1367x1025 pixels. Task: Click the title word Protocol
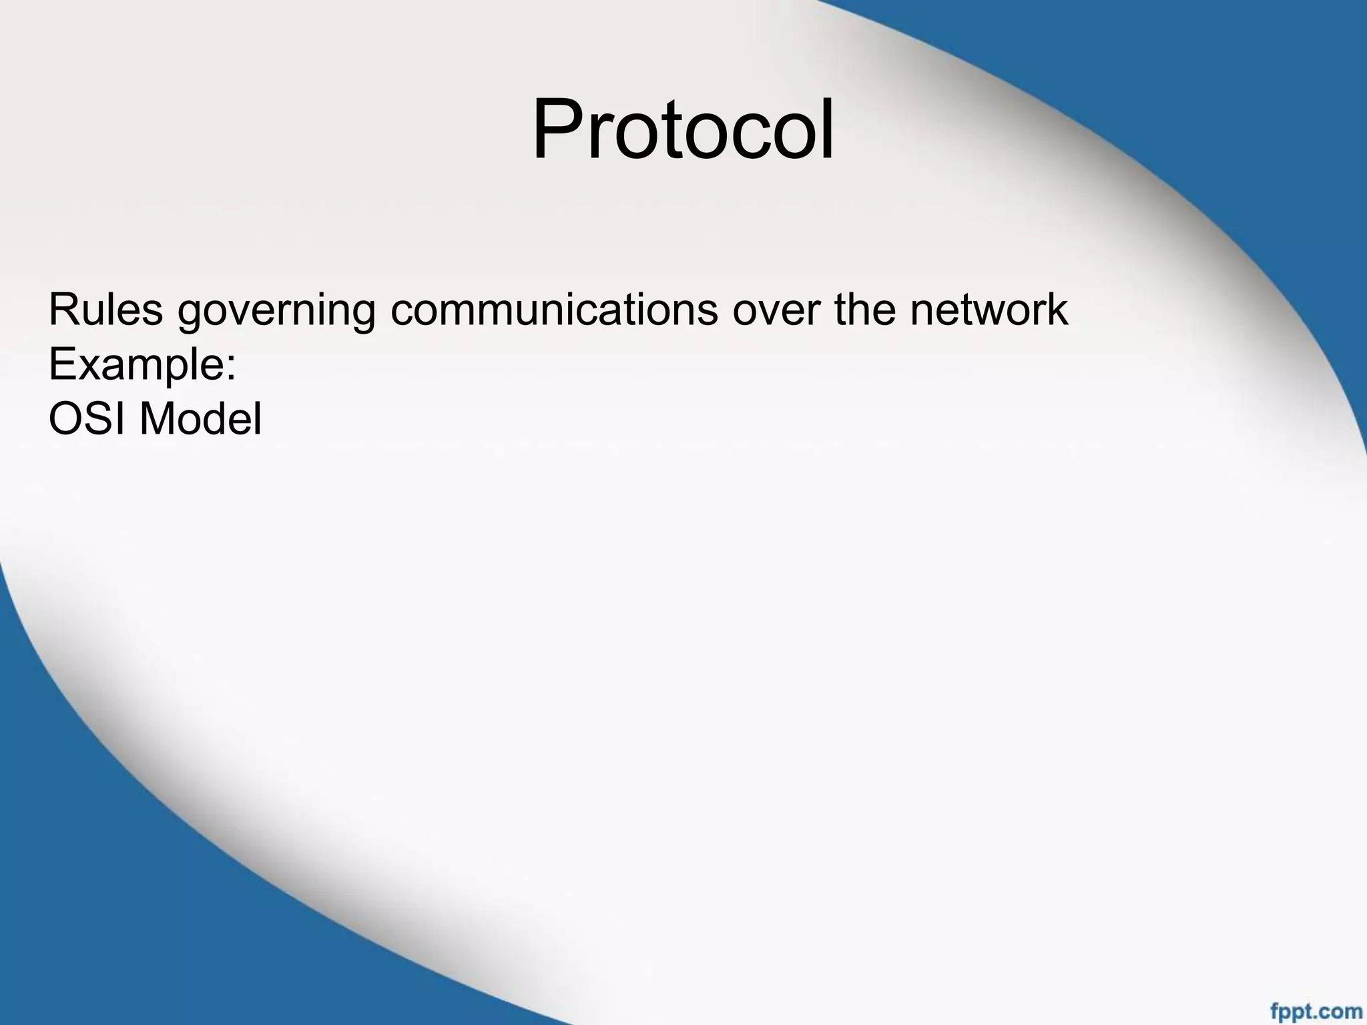[682, 129]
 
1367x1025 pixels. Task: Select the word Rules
[105, 310]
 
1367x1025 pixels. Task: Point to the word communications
[554, 310]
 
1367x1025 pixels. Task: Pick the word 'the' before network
[864, 310]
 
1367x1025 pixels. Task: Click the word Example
[136, 366]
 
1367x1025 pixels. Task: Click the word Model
[200, 419]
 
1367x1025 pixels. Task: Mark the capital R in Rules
[63, 310]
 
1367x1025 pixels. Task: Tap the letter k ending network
[1057, 310]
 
